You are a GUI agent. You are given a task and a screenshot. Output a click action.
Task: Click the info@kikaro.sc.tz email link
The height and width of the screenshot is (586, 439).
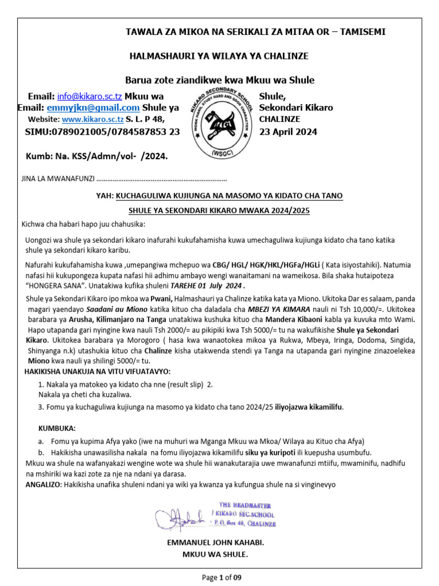90,96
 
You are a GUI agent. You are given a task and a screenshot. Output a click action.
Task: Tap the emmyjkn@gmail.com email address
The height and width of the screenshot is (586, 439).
102,108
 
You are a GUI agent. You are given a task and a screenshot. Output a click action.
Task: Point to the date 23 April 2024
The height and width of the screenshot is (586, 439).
288,132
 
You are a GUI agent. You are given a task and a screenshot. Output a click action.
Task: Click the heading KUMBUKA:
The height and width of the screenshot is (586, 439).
57,429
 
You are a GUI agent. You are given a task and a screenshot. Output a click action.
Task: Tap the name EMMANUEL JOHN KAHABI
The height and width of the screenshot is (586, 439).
215,541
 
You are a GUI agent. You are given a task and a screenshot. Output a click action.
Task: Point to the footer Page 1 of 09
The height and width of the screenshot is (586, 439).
222,577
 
